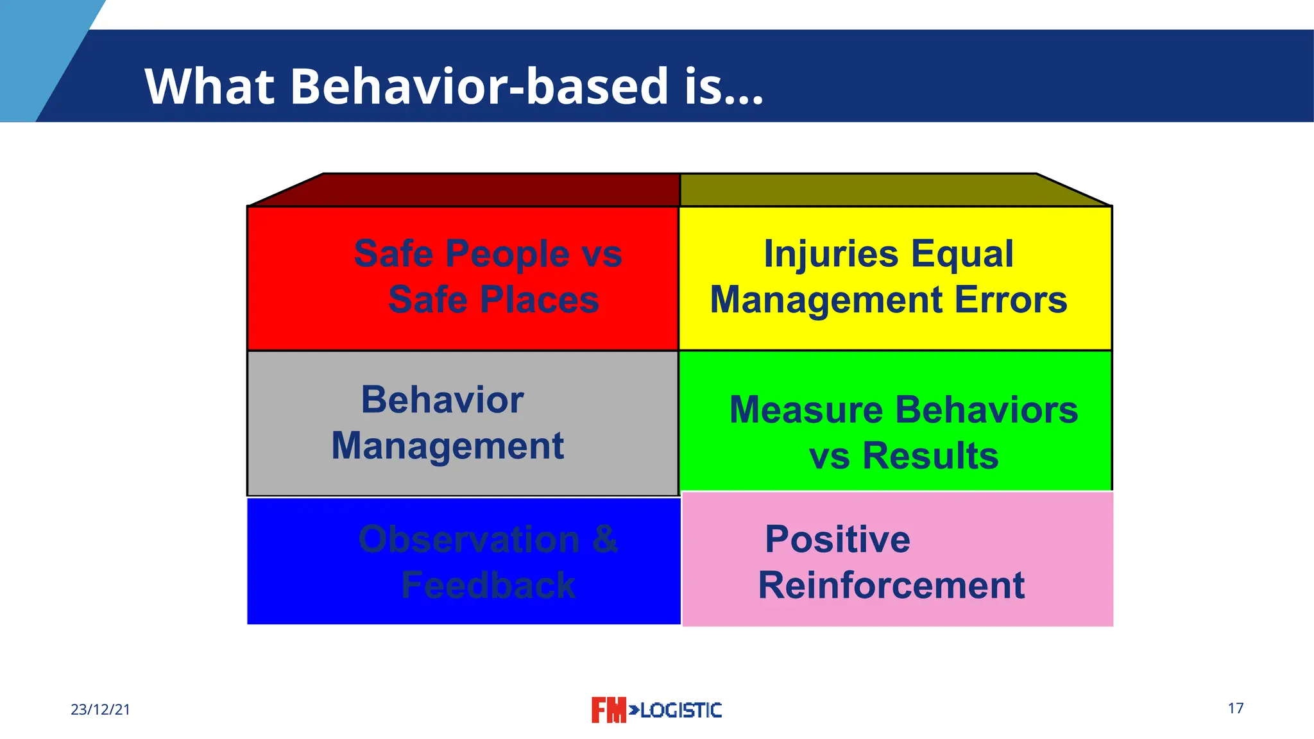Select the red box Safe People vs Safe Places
[x=463, y=278]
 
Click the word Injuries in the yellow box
[x=831, y=254]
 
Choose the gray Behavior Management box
[x=463, y=423]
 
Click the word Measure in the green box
[x=806, y=410]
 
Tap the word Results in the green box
[x=930, y=456]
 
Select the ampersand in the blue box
[x=604, y=539]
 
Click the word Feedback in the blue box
[x=488, y=585]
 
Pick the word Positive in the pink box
[x=837, y=539]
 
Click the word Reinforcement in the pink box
[x=891, y=585]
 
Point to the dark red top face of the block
[x=475, y=190]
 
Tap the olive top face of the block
[x=885, y=190]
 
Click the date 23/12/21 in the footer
[x=100, y=709]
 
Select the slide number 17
[x=1236, y=708]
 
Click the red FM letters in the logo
[x=608, y=710]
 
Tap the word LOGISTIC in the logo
[x=681, y=710]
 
